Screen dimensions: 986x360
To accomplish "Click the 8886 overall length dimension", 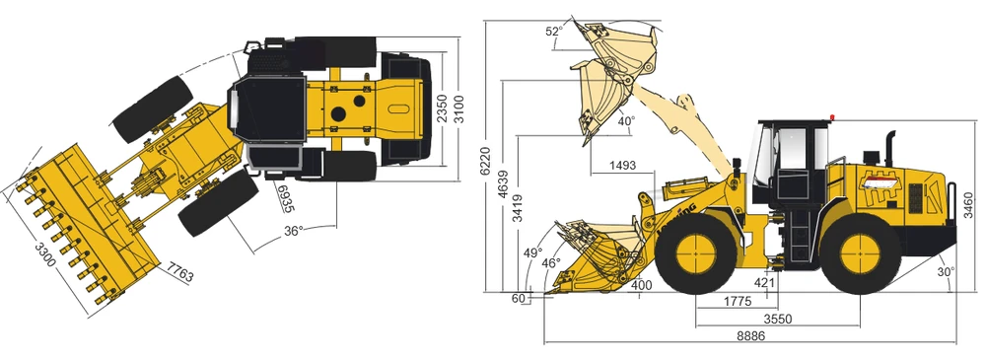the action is tap(750, 336).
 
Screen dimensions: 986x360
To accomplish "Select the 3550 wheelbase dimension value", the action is tap(777, 320).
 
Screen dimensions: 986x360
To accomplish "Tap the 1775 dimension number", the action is tap(737, 302).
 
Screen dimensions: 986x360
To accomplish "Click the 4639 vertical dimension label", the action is tap(504, 185).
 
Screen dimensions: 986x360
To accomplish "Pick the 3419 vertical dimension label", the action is tap(518, 209).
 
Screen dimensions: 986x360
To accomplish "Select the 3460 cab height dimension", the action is tap(969, 205).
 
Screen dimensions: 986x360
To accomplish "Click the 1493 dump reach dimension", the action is tap(622, 166).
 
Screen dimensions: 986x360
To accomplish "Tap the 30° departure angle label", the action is tap(946, 271).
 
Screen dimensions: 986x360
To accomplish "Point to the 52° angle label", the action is tap(554, 31).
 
